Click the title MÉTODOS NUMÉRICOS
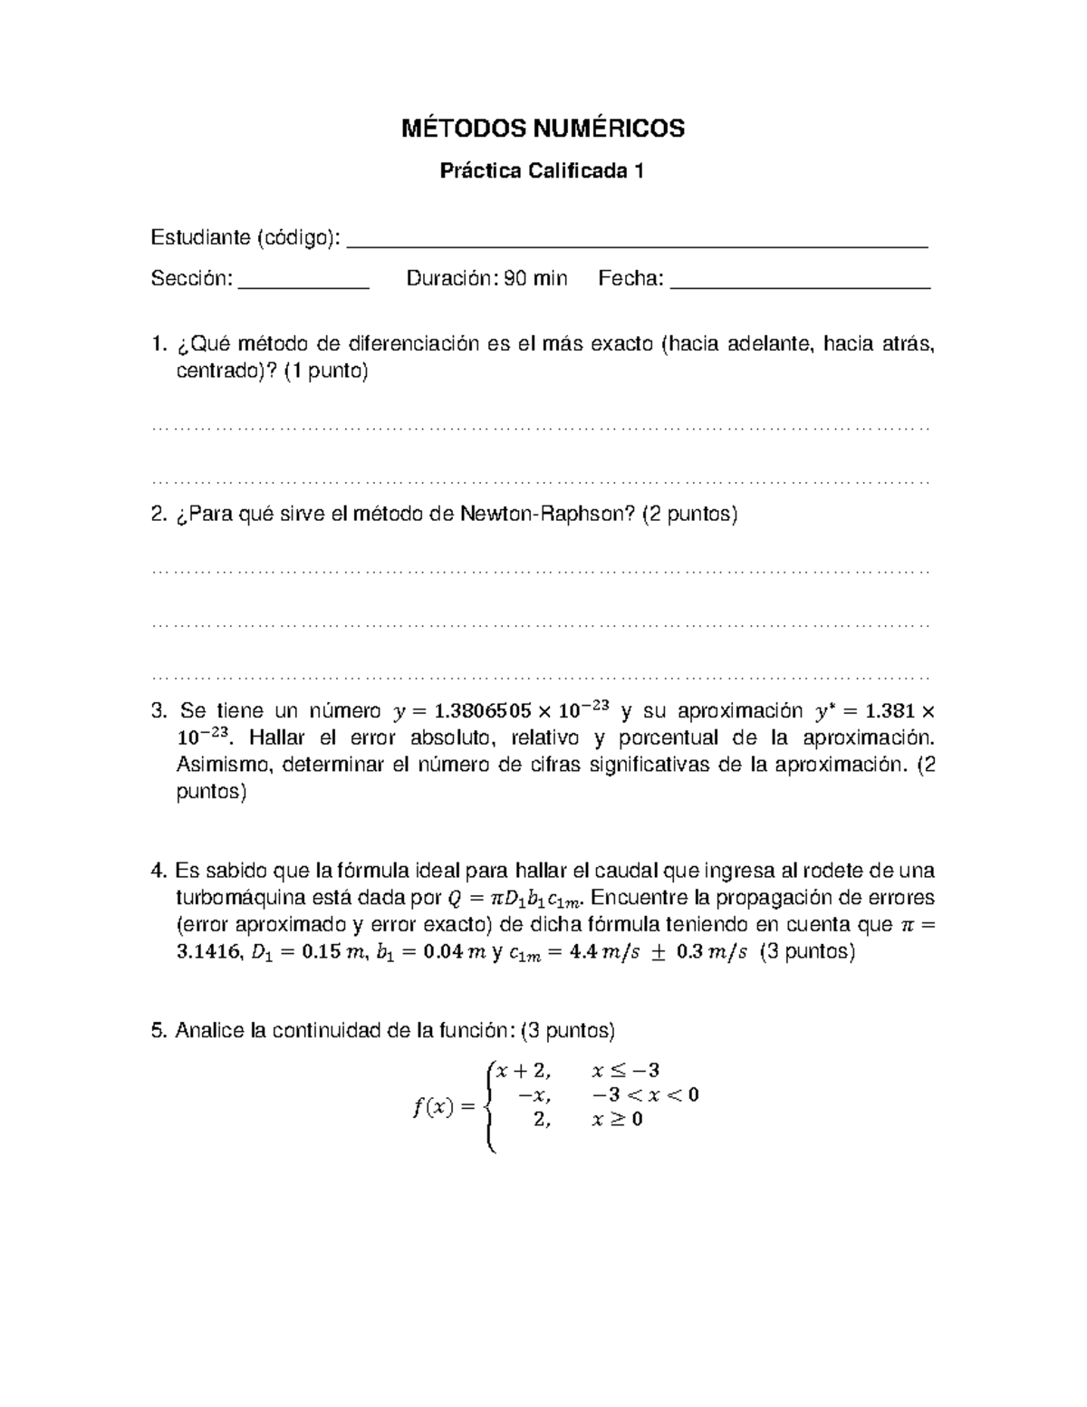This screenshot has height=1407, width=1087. (543, 130)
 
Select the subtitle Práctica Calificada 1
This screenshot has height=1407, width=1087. (542, 171)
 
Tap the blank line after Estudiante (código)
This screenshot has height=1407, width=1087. (638, 243)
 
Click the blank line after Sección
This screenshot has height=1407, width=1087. (303, 283)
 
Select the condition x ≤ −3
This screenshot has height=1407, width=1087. (625, 1071)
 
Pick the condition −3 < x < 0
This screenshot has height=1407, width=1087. (644, 1095)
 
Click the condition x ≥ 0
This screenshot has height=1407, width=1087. (617, 1120)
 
